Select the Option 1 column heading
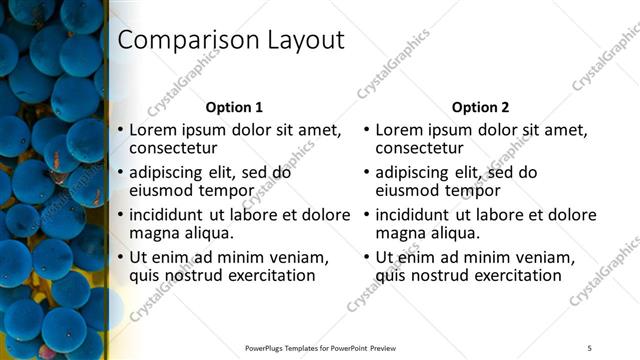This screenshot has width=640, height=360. (x=234, y=107)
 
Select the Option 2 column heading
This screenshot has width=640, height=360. (x=480, y=107)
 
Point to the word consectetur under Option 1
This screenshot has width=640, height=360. (x=176, y=149)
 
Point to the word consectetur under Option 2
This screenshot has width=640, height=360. (x=422, y=149)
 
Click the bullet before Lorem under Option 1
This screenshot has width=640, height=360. (x=121, y=131)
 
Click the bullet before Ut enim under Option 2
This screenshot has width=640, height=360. (x=367, y=257)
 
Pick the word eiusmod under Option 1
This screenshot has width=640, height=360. (x=164, y=191)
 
